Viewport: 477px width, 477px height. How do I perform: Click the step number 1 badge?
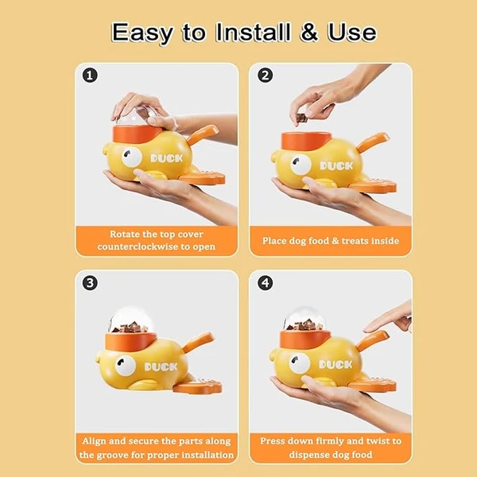[91, 76]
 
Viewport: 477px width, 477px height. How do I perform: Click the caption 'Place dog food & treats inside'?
[331, 240]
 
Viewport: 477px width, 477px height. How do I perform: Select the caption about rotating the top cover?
[157, 240]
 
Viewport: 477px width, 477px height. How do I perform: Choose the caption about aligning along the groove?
[157, 448]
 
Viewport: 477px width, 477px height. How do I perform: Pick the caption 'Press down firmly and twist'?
[331, 448]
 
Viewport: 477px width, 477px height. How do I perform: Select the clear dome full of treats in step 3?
[131, 320]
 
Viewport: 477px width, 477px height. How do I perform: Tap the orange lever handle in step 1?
[202, 133]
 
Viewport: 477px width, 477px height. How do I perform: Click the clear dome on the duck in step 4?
[304, 319]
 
